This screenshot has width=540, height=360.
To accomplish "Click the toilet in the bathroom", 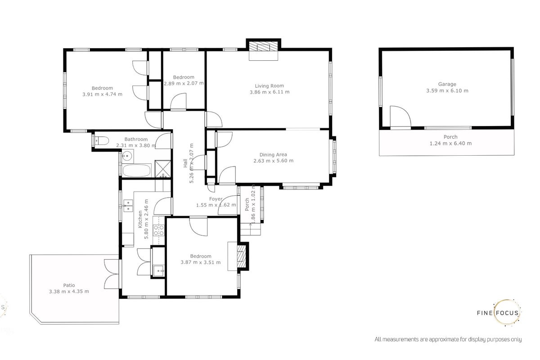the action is click(102, 140).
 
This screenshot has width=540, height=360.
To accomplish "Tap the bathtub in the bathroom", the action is click(136, 171).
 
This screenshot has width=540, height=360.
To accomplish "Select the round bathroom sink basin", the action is click(127, 156).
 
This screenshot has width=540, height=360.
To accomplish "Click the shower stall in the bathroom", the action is click(163, 169).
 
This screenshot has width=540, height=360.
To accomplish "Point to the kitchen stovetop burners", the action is click(159, 230).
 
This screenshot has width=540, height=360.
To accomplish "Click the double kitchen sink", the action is click(128, 206).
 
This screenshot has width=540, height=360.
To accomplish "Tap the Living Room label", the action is click(269, 86).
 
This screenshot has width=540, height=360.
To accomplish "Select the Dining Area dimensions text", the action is click(274, 161).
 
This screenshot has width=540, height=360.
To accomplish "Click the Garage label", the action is click(447, 84).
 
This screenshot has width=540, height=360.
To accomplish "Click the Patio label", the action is click(69, 285).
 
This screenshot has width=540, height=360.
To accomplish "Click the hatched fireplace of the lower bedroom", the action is click(241, 256).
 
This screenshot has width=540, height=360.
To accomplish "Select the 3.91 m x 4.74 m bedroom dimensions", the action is click(102, 94).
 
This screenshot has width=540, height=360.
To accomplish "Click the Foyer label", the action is click(216, 199).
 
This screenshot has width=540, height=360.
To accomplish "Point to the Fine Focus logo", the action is click(499, 313).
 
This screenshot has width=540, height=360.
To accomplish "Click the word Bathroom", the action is click(136, 139).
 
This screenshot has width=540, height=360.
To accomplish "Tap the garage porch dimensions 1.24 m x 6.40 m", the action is click(450, 144).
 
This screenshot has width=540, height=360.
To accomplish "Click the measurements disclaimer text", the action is click(448, 339).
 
